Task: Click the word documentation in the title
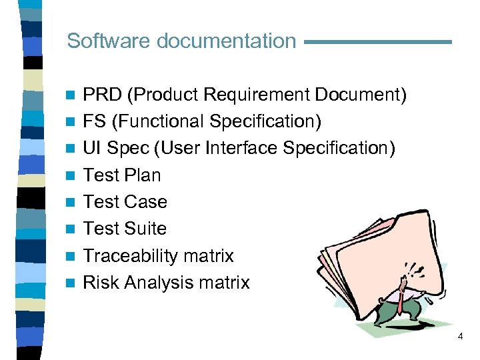pos(226,41)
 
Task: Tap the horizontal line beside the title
pos(377,42)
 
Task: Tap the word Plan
pos(142,175)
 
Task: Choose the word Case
pos(146,202)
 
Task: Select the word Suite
pos(145,229)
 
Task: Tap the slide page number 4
pos(460,337)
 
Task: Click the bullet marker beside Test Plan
pos(70,176)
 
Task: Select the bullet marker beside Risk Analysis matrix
pos(70,283)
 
